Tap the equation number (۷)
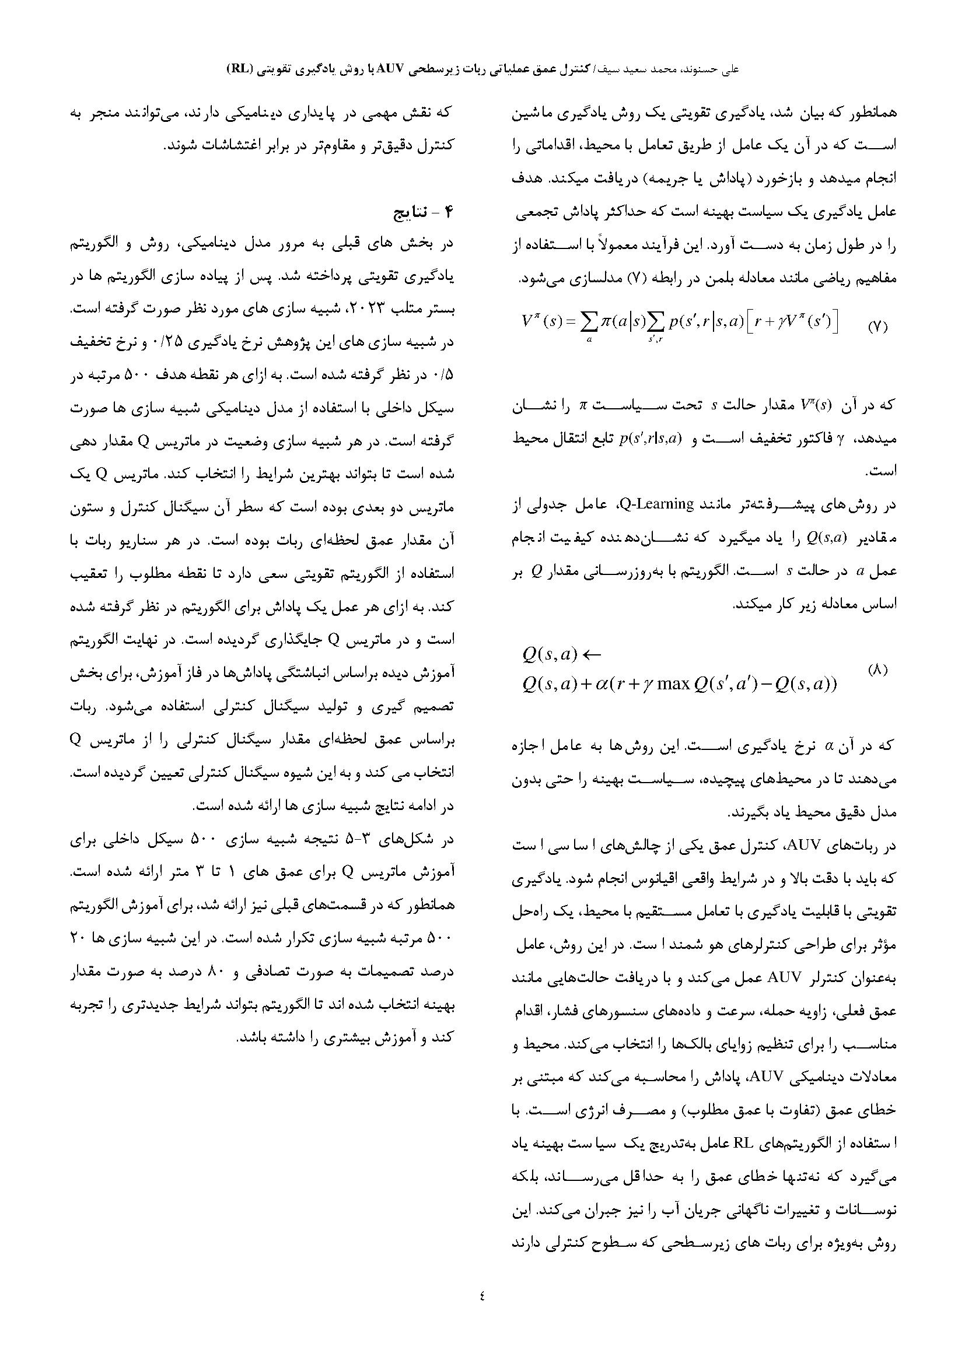point(877,327)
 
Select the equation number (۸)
point(877,669)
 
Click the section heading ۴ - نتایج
point(424,213)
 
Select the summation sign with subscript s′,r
point(654,322)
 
